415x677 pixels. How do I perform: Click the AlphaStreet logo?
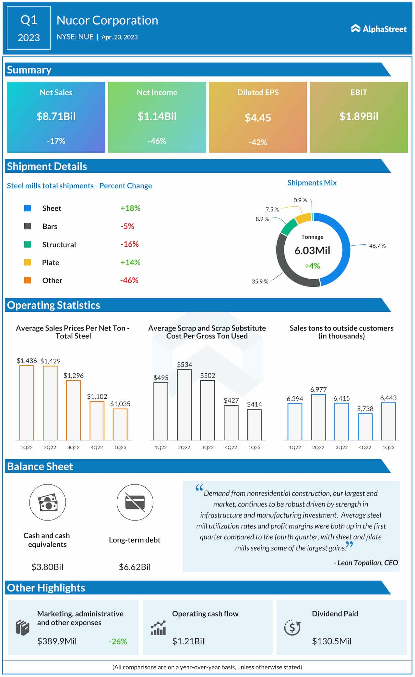click(378, 29)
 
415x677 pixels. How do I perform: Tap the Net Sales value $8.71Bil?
click(56, 116)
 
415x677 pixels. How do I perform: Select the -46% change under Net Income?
click(157, 141)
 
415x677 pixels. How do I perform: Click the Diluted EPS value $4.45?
click(258, 118)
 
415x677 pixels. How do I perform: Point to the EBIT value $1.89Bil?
click(359, 116)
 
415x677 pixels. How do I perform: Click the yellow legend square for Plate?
click(28, 262)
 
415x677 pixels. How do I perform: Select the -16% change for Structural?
click(129, 244)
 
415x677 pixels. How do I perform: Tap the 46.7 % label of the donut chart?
click(377, 246)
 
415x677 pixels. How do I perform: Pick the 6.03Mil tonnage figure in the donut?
click(312, 251)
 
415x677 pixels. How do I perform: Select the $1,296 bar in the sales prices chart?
click(73, 410)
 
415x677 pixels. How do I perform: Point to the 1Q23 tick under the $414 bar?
click(254, 447)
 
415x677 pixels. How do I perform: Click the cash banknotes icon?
click(48, 502)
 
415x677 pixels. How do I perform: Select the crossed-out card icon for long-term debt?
click(135, 502)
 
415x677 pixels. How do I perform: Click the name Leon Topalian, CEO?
click(367, 563)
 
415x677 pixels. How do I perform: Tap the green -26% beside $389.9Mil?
click(118, 641)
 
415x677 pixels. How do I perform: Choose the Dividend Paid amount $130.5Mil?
click(331, 641)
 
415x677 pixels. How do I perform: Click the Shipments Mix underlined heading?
click(312, 182)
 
